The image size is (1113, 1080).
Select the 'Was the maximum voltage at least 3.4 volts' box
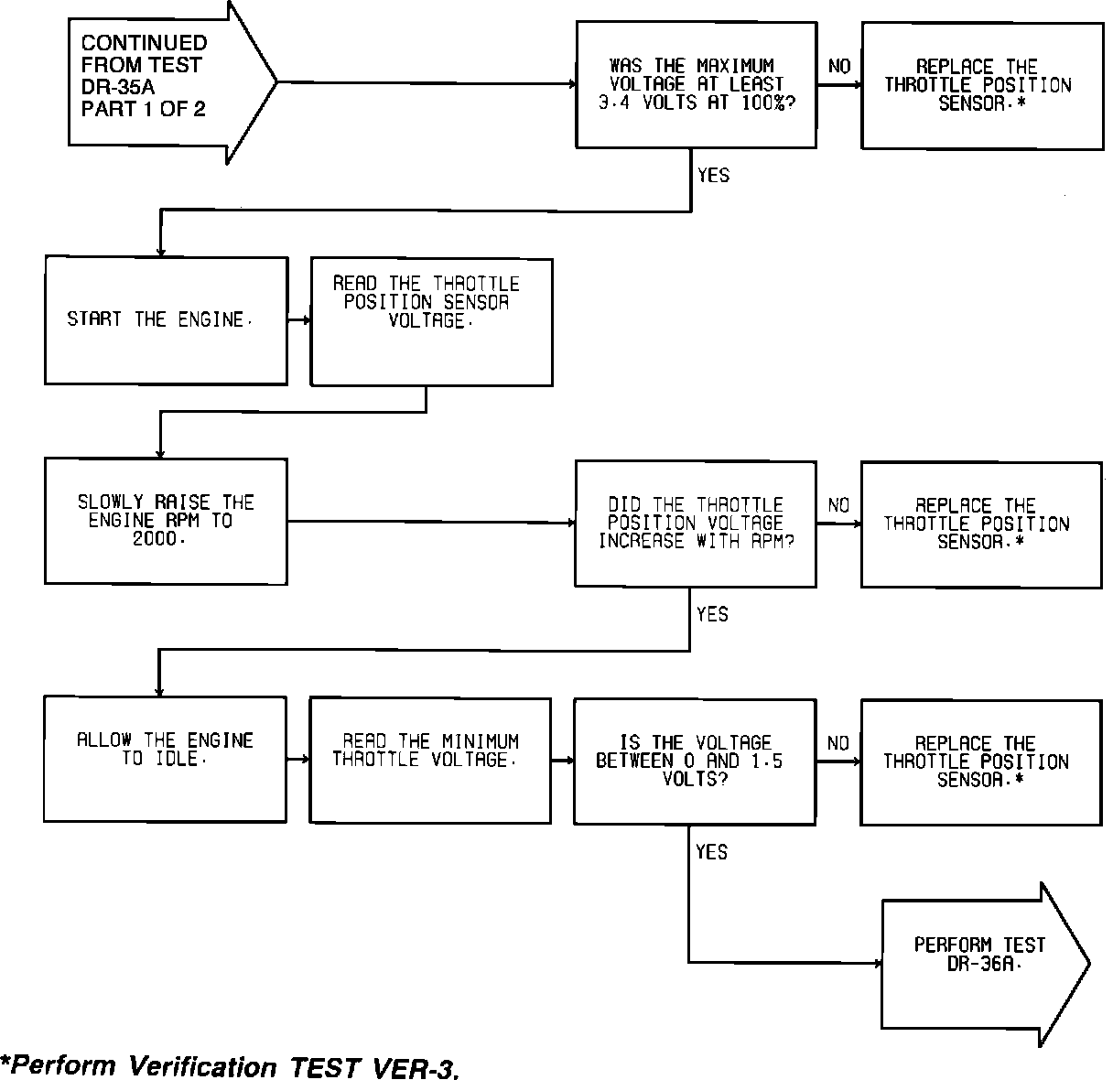pyautogui.click(x=696, y=85)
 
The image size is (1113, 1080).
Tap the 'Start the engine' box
pyautogui.click(x=166, y=320)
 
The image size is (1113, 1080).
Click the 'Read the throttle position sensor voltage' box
pyautogui.click(x=431, y=322)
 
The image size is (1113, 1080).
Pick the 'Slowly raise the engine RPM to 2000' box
pyautogui.click(x=166, y=521)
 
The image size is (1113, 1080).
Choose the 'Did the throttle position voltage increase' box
pyautogui.click(x=696, y=524)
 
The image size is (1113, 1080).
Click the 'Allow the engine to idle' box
pyautogui.click(x=165, y=759)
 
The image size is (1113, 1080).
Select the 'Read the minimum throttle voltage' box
pyautogui.click(x=430, y=761)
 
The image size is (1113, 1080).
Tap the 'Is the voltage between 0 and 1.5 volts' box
pyautogui.click(x=694, y=761)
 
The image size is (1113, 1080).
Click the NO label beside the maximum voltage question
pyautogui.click(x=838, y=66)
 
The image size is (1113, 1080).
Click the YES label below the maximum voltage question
pyautogui.click(x=713, y=175)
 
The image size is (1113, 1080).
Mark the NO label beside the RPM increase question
pyautogui.click(x=838, y=505)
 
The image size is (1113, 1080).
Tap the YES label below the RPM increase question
pyautogui.click(x=712, y=614)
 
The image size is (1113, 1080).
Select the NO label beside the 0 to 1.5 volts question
pyautogui.click(x=838, y=743)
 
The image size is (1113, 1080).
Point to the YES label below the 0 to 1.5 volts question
pyautogui.click(x=711, y=852)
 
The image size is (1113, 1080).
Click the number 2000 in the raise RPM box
pyautogui.click(x=159, y=539)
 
